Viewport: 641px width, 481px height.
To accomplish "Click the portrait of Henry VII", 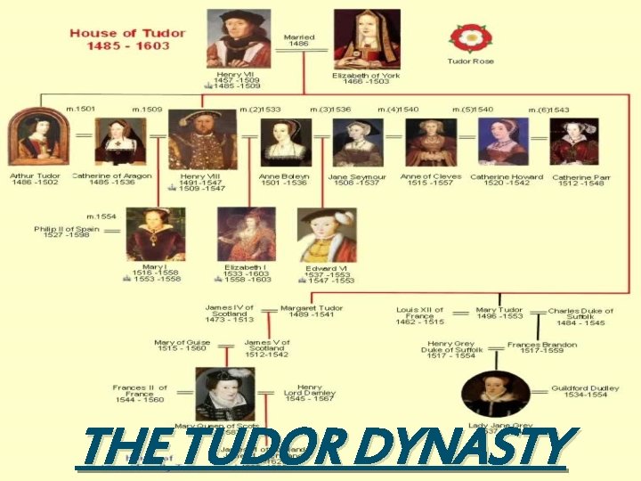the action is tap(239, 38).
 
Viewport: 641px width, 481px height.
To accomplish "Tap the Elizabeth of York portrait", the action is tap(367, 38).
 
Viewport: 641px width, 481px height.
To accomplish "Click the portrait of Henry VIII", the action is tap(203, 139).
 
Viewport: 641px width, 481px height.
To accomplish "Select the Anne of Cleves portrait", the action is tap(431, 142).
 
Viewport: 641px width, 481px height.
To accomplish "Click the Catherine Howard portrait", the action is tap(503, 141).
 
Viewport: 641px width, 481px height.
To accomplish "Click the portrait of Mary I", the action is tap(155, 234).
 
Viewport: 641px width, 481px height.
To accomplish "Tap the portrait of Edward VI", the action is tap(327, 235).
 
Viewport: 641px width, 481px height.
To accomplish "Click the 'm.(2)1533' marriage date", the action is tap(260, 110).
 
